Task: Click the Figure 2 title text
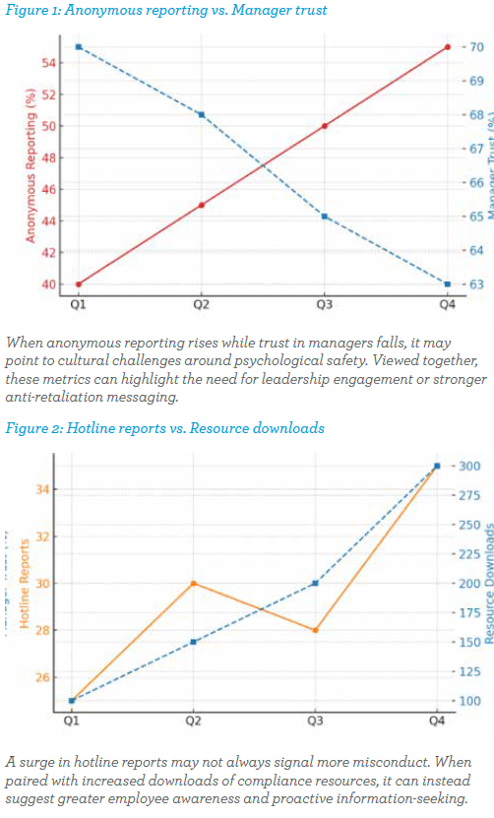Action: tap(163, 428)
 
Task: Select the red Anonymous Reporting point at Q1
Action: tap(79, 284)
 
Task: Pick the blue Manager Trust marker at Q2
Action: tap(202, 114)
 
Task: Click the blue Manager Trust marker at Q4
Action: tap(448, 284)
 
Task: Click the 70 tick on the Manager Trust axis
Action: tap(475, 47)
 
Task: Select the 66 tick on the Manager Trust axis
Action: tap(475, 183)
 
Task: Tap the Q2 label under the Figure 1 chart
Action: tap(202, 305)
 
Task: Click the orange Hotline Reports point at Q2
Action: tap(194, 584)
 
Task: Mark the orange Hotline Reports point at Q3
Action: tap(315, 630)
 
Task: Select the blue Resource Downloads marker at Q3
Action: tap(315, 584)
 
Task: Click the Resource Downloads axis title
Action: tap(488, 584)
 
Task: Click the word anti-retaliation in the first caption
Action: tap(54, 397)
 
